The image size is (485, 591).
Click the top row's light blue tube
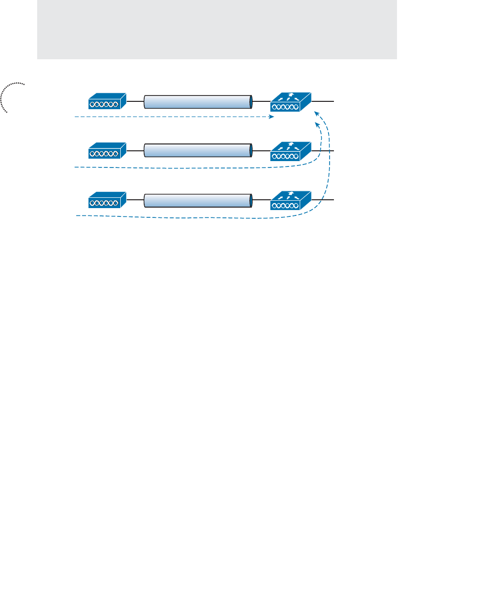pos(198,101)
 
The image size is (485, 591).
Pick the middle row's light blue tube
pos(198,151)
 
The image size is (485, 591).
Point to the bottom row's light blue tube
pos(198,200)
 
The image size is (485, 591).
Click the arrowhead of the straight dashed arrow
pos(271,117)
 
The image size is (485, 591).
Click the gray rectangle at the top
pos(217,29)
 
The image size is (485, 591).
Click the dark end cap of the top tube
pos(251,101)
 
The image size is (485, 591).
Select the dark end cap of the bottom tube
pos(251,200)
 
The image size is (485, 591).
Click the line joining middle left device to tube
pos(135,151)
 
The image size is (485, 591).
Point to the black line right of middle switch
pos(323,151)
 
